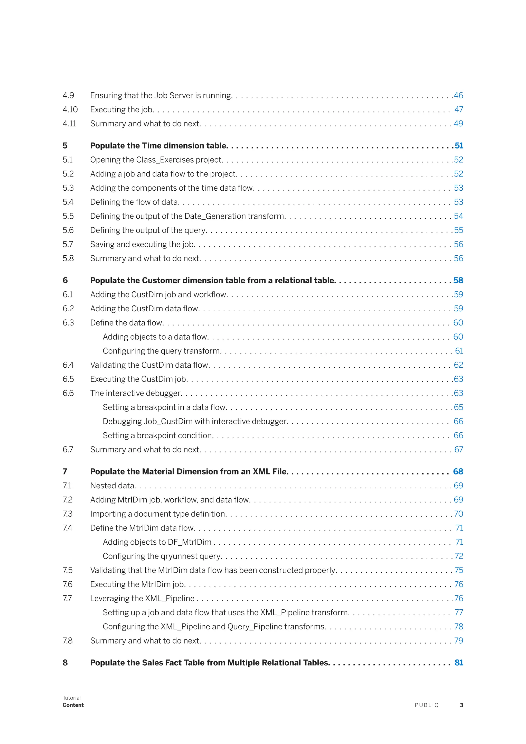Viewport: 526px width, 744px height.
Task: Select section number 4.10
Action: click(70, 109)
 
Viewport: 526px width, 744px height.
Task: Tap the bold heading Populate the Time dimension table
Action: click(159, 146)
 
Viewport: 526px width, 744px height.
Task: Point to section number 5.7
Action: click(68, 244)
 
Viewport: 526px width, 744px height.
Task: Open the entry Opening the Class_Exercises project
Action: click(156, 160)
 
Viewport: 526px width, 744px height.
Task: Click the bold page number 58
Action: click(458, 281)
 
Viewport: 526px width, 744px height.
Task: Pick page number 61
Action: click(459, 351)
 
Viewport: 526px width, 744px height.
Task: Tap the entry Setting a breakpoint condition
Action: click(158, 435)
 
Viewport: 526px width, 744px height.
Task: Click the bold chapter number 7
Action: click(65, 472)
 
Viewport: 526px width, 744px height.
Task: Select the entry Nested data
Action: click(112, 486)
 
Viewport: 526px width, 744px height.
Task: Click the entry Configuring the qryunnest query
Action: click(162, 556)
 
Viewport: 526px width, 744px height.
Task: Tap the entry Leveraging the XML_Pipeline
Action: click(142, 599)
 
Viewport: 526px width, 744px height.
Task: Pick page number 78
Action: click(459, 627)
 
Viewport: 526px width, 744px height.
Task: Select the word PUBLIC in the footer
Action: click(427, 705)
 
